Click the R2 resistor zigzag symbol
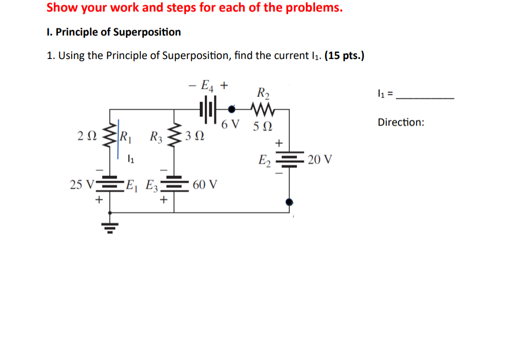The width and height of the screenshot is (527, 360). click(x=263, y=108)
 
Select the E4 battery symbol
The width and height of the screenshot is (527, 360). click(x=208, y=109)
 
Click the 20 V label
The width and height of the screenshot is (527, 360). click(x=320, y=160)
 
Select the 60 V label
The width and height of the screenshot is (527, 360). click(x=205, y=184)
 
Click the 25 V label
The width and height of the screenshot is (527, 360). click(x=80, y=184)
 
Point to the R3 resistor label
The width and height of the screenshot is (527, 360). click(x=156, y=136)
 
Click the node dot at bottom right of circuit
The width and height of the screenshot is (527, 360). click(x=290, y=202)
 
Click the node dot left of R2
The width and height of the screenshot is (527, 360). click(x=232, y=108)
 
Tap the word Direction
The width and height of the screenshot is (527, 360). click(x=400, y=123)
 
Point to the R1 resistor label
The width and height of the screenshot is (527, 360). click(x=125, y=136)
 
